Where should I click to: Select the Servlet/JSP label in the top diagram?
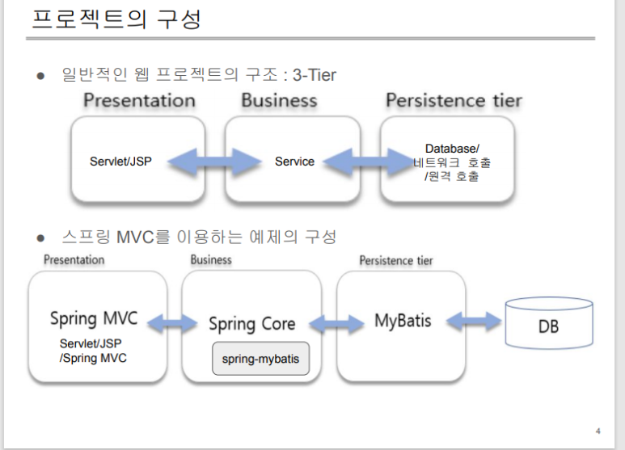pos(120,162)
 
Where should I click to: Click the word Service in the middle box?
pos(294,162)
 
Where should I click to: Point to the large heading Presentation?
pos(139,101)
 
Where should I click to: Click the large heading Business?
pos(279,101)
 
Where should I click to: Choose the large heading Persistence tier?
pos(454,101)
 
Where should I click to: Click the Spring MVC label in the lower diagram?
pos(94,318)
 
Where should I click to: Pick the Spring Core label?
pos(251,324)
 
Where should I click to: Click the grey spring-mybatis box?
pos(260,359)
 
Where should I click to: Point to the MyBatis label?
pos(403,320)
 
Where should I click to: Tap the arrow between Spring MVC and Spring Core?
pos(173,324)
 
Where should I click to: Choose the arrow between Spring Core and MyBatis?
pos(329,324)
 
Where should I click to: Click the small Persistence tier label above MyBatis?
pos(396,260)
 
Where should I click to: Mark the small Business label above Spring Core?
pos(211,259)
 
